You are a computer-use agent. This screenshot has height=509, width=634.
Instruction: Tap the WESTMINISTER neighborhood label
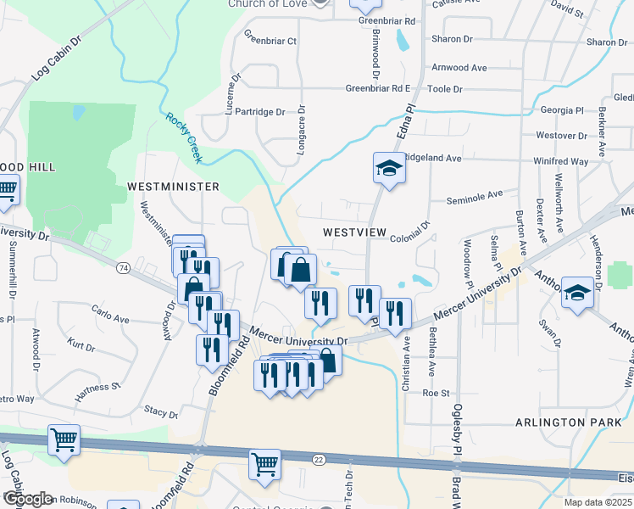tap(173, 186)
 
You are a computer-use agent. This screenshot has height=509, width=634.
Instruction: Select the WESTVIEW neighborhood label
tap(354, 232)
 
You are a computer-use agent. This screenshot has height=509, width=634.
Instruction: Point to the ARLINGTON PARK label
tap(562, 422)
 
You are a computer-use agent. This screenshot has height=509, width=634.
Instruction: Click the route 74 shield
tap(124, 268)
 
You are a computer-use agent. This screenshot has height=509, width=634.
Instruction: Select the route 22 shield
tap(318, 459)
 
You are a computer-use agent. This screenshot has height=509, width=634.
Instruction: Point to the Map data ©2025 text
tap(598, 502)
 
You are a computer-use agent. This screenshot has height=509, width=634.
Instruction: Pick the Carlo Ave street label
tap(110, 320)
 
